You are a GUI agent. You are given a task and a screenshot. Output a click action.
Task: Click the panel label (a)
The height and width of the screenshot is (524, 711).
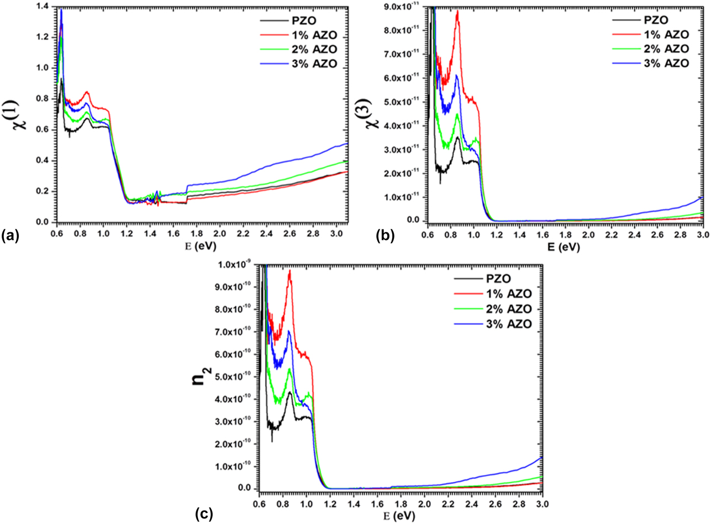click(x=10, y=237)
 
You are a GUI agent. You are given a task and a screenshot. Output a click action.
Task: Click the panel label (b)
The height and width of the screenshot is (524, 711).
click(x=384, y=237)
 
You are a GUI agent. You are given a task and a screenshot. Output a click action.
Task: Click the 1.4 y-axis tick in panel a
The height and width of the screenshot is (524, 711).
click(x=42, y=7)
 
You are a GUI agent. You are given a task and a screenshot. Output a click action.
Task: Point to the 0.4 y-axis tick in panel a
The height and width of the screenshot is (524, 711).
click(x=42, y=161)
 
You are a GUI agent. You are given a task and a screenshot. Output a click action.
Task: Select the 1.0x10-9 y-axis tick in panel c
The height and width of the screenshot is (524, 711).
click(x=237, y=265)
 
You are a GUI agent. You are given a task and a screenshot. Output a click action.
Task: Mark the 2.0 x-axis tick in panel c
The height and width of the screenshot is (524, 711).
click(x=425, y=504)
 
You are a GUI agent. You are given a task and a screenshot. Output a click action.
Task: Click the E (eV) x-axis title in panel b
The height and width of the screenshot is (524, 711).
click(x=564, y=247)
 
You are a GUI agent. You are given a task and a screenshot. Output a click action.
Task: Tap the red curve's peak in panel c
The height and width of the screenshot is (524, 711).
click(x=290, y=271)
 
